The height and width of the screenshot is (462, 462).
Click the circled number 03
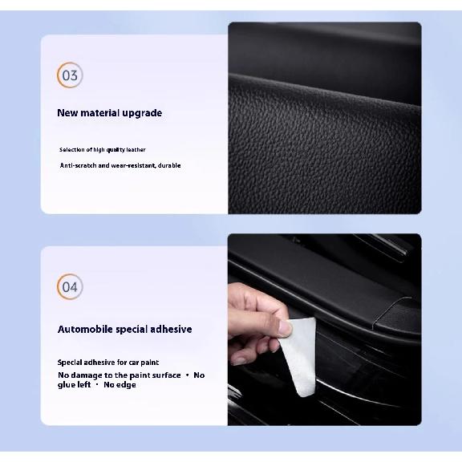[x=70, y=75]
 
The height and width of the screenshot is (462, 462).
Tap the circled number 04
[x=70, y=286]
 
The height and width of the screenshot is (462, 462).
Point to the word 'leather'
[x=136, y=150]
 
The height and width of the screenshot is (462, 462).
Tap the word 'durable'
[x=169, y=165]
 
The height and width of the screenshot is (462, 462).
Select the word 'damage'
[x=86, y=375]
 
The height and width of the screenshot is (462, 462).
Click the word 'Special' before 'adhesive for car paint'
[x=70, y=363]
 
